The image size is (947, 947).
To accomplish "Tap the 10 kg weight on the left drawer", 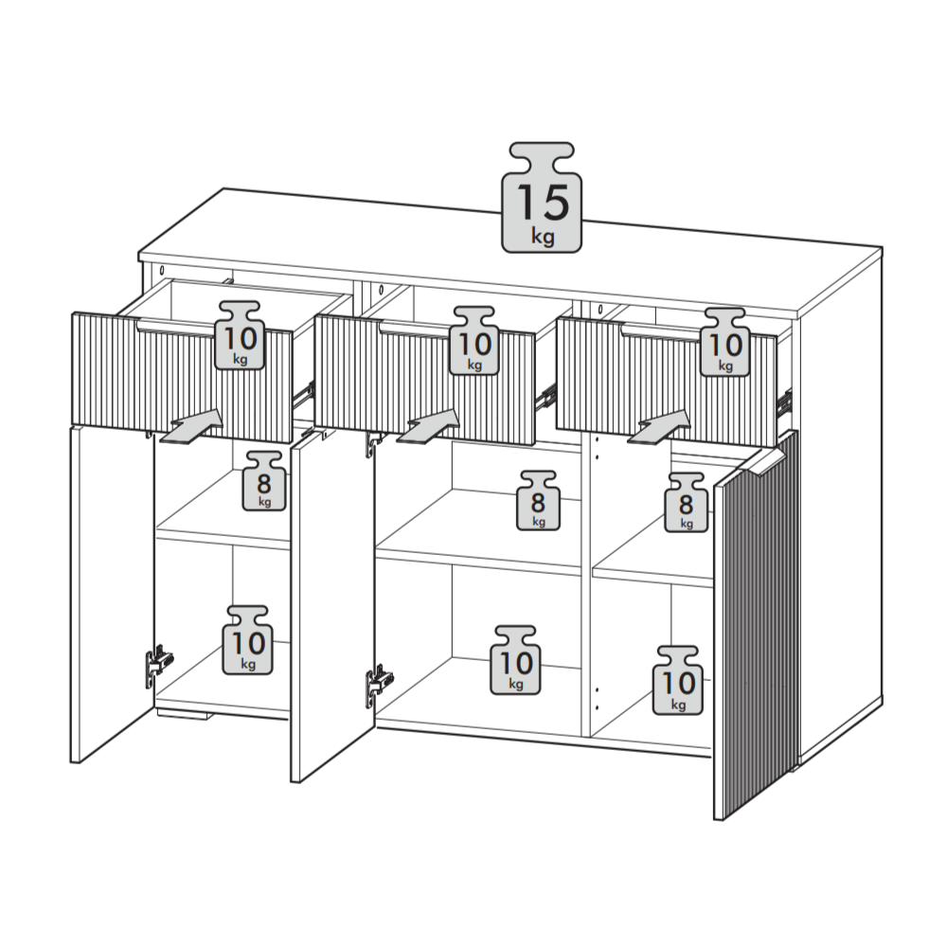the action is (241, 335).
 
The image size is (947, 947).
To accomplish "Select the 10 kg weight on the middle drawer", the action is (475, 341).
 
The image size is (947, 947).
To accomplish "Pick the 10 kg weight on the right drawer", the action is (724, 343).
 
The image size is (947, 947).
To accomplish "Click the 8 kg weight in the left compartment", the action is (264, 481).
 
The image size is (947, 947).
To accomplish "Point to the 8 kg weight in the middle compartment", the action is (538, 501).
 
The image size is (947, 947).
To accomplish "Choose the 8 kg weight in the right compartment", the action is (686, 503).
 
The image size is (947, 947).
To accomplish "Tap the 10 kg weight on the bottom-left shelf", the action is (247, 640).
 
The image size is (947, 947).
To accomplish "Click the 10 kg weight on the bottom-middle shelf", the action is (515, 660).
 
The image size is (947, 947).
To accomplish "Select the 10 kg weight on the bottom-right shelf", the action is (678, 681).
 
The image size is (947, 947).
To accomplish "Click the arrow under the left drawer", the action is (190, 428).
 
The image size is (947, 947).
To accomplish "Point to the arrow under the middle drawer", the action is (428, 428).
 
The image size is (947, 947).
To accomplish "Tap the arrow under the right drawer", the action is (659, 428).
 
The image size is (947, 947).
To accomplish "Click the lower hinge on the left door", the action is (158, 664).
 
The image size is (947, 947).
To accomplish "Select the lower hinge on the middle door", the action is (379, 685).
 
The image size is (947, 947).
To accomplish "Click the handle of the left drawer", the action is (176, 329).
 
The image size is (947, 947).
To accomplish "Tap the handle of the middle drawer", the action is (415, 330).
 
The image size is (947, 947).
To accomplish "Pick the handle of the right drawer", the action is (661, 331).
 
